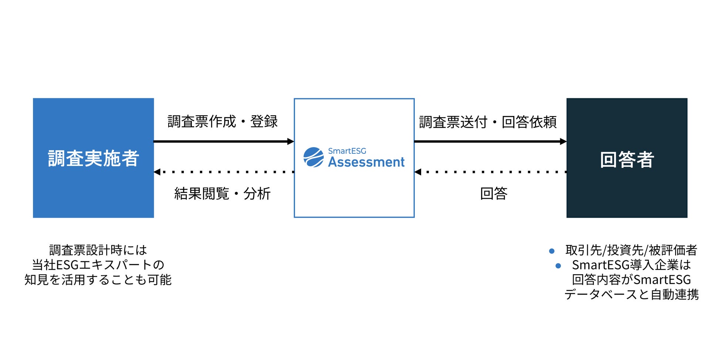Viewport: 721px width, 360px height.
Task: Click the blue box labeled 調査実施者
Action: (x=93, y=158)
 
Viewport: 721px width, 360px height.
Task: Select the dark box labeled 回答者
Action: (x=627, y=158)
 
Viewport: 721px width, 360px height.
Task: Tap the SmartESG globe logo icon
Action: (x=314, y=157)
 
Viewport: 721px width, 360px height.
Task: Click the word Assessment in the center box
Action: (x=366, y=162)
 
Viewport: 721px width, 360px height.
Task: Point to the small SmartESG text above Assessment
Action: (x=347, y=151)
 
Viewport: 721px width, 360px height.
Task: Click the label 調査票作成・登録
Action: (x=222, y=122)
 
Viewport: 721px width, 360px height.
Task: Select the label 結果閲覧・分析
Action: (x=222, y=193)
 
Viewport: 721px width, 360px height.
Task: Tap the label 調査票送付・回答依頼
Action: (x=488, y=122)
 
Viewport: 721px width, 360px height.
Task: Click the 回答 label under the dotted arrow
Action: (x=494, y=193)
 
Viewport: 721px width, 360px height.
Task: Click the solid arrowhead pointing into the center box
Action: (x=291, y=141)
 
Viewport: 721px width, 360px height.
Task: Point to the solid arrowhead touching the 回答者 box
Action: (x=563, y=141)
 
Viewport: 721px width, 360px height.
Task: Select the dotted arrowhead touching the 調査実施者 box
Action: (x=157, y=172)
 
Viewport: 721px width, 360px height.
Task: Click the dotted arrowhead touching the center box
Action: (x=418, y=172)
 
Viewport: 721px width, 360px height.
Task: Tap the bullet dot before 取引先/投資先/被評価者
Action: (x=552, y=251)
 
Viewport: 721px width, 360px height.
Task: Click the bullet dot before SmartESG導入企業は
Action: (x=558, y=266)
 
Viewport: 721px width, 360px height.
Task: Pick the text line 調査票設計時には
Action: (x=98, y=250)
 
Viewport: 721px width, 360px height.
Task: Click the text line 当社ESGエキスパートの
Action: (x=98, y=265)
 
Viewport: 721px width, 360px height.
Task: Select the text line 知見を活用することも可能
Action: (x=98, y=280)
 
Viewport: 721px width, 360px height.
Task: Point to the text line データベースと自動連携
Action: (x=632, y=295)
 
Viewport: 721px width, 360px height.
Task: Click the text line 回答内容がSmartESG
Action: (x=632, y=280)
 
